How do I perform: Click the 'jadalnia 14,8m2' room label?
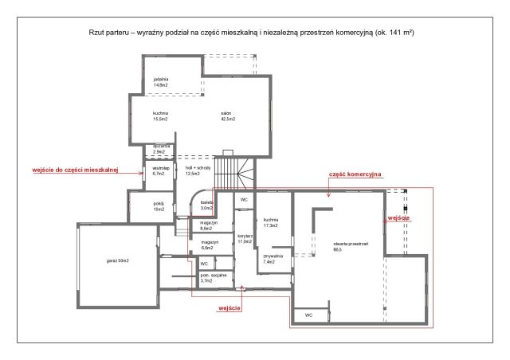point(161,82)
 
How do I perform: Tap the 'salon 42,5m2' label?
point(228,116)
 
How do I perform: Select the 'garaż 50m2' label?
point(118,260)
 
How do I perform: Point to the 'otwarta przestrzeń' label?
point(351,244)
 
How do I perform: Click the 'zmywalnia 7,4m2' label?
point(273,259)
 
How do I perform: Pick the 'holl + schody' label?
point(198,168)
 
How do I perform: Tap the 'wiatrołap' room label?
point(161,168)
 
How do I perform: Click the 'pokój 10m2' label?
point(159,206)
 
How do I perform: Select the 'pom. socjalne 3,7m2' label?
point(214,278)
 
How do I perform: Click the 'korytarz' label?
point(245,236)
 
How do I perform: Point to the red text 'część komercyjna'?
point(355,174)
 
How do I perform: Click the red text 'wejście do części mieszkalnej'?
point(75,170)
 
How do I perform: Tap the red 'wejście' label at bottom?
point(229,308)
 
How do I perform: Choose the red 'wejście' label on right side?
point(398,218)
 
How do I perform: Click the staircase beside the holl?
point(234,173)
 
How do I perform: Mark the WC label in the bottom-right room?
point(308,315)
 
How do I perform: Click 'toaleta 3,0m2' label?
point(206,205)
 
